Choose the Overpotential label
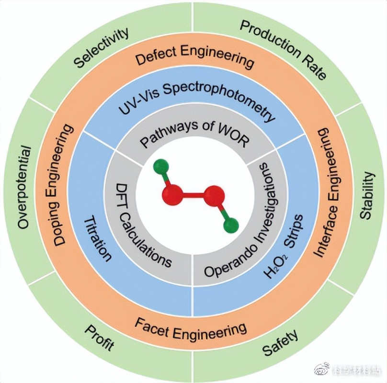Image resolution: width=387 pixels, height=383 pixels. click(x=24, y=187)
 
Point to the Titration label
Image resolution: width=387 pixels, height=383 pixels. click(x=98, y=238)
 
